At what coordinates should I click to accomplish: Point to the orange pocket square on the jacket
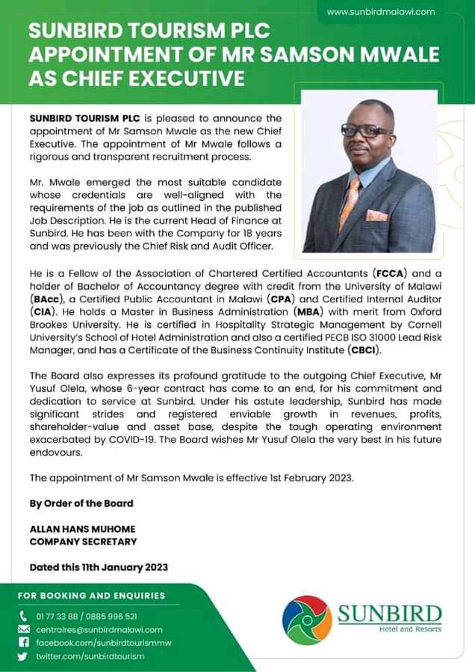point(377,216)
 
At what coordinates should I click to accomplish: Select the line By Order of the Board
point(82,503)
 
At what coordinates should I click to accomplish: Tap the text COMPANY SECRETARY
point(83,541)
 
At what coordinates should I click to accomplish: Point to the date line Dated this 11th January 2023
point(99,567)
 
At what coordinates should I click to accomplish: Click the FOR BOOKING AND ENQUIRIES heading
point(91,595)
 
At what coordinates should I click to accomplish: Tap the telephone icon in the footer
point(22,616)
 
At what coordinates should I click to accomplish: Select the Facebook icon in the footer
point(22,642)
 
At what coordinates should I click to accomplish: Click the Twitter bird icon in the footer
point(22,656)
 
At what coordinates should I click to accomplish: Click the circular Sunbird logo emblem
point(306,620)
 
